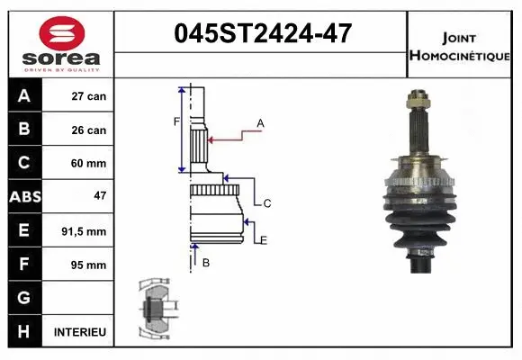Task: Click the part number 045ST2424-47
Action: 260,35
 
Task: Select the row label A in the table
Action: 24,96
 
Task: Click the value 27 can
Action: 89,96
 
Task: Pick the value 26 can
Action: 89,130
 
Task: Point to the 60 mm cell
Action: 89,164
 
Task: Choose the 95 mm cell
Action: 89,265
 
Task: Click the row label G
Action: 24,298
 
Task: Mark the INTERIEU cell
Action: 80,332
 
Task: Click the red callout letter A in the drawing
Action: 260,123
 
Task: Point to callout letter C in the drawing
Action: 267,204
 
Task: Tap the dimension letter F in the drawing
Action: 176,121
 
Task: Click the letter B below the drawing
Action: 205,263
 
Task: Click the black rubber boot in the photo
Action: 419,220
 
